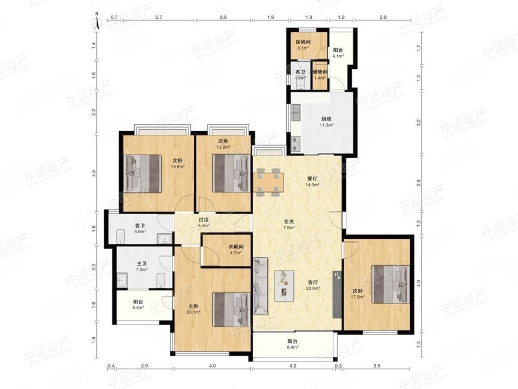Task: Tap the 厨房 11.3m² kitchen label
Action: [x=326, y=122]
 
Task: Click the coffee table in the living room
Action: [x=284, y=286]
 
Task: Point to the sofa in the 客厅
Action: [x=261, y=286]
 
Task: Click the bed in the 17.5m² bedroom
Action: [x=391, y=284]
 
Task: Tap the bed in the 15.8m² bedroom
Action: [x=142, y=173]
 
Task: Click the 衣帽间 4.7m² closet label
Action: [x=236, y=250]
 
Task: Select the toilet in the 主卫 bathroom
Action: [x=161, y=280]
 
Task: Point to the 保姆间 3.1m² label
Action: [x=303, y=45]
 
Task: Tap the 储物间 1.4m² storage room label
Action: [x=320, y=75]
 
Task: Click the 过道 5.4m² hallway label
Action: [x=204, y=223]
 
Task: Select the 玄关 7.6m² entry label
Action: [x=289, y=224]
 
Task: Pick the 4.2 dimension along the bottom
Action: [x=293, y=366]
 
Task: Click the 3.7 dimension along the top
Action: [x=159, y=17]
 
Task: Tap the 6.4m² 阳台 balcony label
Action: [x=293, y=344]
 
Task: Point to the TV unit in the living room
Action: [x=337, y=294]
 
